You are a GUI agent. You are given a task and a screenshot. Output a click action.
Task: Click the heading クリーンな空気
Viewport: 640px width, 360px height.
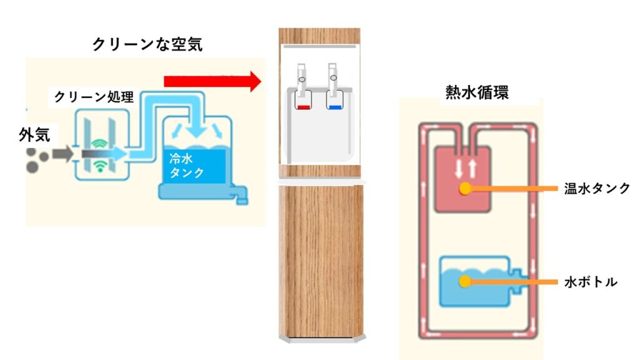147,44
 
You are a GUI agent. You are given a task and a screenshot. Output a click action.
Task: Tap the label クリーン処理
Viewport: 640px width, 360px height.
94,97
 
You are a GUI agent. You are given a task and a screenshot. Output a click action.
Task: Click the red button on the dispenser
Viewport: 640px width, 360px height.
304,107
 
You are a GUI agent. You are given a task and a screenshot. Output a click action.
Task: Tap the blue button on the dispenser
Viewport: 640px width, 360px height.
335,107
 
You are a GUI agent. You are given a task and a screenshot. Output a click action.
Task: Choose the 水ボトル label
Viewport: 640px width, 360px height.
591,282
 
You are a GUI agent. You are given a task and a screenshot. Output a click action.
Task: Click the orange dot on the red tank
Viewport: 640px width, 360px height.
464,188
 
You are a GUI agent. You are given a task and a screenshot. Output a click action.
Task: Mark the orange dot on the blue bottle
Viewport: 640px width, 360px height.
464,282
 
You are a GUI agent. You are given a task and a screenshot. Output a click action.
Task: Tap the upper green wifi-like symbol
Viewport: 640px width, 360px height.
99,142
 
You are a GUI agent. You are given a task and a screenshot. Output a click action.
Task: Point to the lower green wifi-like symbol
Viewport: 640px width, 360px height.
99,166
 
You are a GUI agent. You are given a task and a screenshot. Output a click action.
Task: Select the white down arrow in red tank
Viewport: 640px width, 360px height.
457,167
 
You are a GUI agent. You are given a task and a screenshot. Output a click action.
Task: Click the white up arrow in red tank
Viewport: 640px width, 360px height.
472,167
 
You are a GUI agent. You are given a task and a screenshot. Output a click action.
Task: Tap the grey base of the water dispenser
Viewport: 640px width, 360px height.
320,339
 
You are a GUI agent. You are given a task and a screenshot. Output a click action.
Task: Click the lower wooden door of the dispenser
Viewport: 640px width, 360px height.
320,259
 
